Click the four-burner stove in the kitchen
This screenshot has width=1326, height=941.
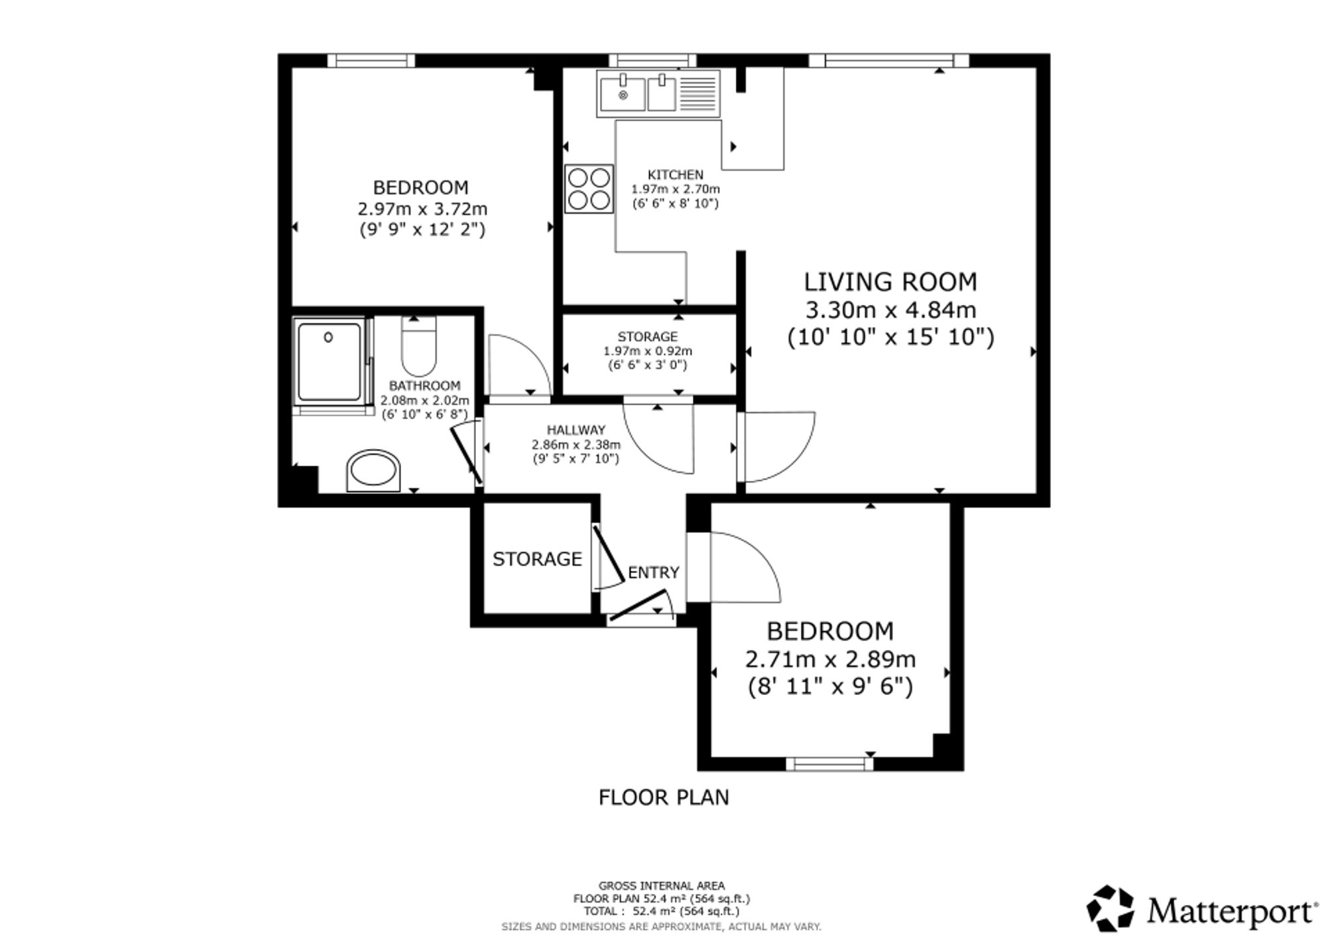coord(589,189)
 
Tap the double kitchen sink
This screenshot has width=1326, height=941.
coord(658,94)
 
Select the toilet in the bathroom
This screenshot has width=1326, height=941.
coord(419,346)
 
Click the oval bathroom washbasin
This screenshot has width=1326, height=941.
coord(373,471)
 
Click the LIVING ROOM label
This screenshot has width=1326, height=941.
coord(890,282)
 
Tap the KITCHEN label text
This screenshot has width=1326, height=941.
coord(675,175)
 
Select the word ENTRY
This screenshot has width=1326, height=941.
coord(654,572)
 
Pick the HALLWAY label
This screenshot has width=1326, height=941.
coord(576,430)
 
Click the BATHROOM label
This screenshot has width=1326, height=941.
coord(424,386)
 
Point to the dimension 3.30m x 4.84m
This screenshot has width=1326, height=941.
coord(890,310)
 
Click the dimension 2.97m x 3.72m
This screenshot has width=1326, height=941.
coord(422,209)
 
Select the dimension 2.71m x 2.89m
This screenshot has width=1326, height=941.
coord(830,659)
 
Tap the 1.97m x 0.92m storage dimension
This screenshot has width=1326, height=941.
coord(648,351)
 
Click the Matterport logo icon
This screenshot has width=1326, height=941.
coord(1111,908)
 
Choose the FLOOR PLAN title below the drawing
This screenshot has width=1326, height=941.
coord(664,797)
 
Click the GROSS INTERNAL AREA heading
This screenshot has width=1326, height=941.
coord(662,885)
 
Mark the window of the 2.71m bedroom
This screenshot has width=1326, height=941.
coord(829,764)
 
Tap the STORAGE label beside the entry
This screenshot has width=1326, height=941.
coord(537,559)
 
